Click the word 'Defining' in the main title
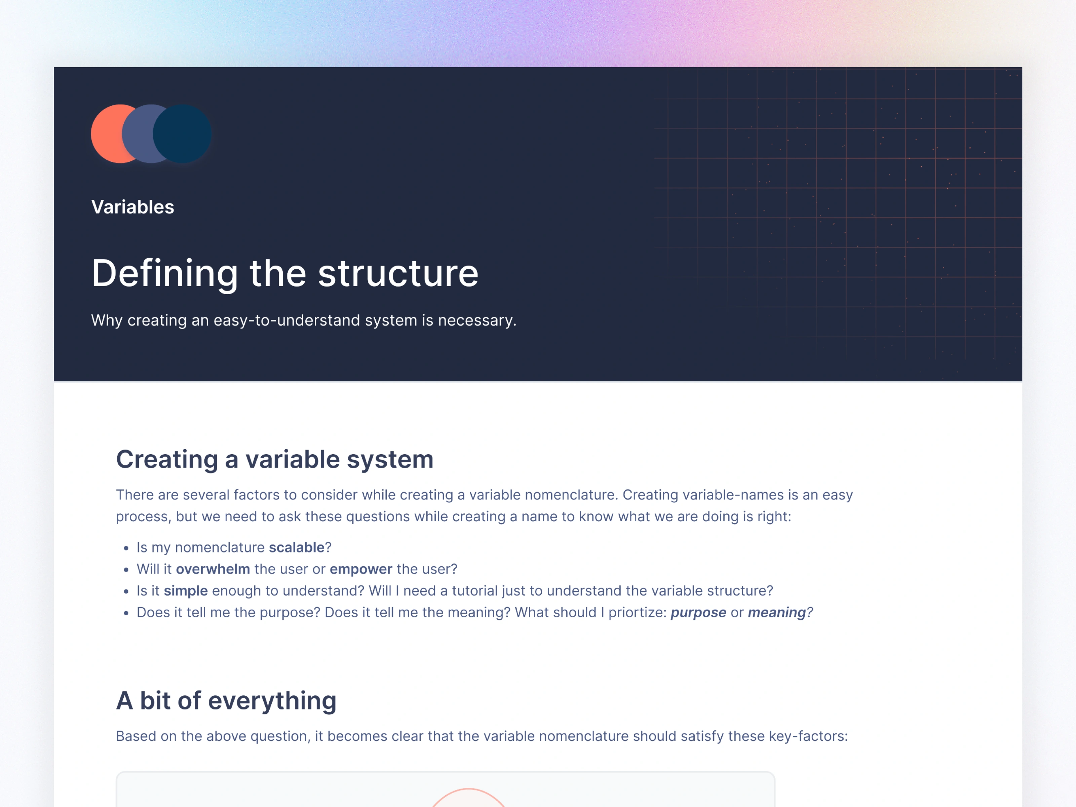(165, 274)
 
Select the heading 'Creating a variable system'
(275, 460)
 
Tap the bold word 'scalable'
(297, 548)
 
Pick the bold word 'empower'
(361, 569)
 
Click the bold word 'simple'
(186, 591)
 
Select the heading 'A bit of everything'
(226, 701)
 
